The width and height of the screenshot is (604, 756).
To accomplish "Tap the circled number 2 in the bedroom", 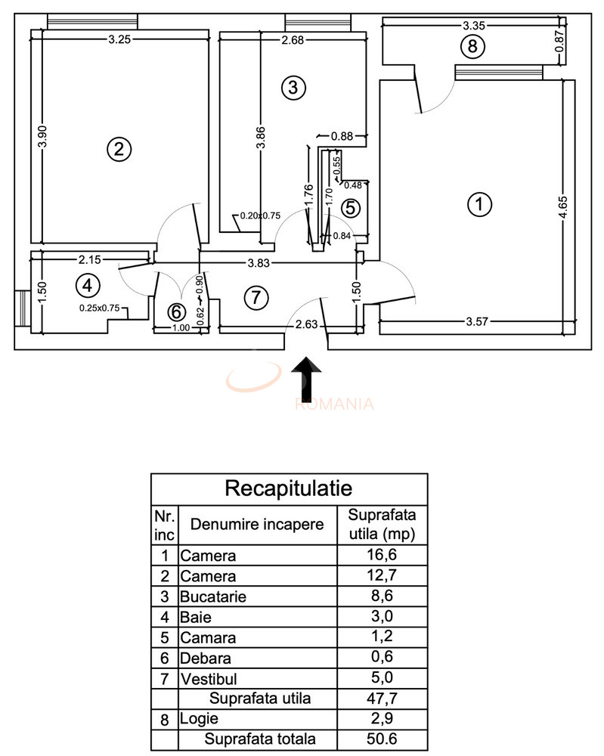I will (x=117, y=149).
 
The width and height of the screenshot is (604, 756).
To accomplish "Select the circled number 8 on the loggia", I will (x=472, y=47).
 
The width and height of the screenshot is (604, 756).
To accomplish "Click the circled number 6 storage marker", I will (x=175, y=311).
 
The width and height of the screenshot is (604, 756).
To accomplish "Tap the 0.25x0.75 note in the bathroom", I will (x=101, y=308).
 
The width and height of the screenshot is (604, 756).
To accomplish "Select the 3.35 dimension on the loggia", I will (x=474, y=25).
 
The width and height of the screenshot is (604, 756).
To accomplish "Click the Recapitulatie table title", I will (x=289, y=488).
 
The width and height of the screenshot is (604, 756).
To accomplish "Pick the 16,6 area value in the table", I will (x=381, y=556).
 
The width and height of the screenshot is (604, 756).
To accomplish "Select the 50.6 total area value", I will (x=381, y=739).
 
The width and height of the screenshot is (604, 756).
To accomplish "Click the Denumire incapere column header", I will (x=257, y=524).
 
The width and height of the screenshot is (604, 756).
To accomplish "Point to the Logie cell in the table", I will (x=197, y=719).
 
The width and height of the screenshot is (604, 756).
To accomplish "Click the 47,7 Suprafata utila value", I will (x=381, y=698).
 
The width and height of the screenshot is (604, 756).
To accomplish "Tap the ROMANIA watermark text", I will (x=335, y=403).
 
